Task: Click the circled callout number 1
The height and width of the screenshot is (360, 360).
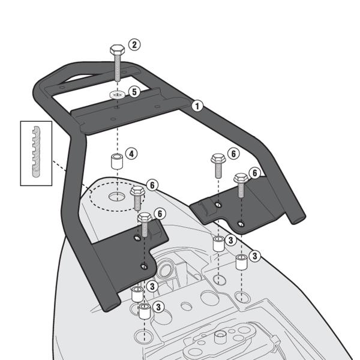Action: [x=197, y=106]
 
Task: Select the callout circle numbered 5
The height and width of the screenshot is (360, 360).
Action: [x=134, y=92]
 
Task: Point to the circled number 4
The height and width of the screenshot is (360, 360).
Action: [x=132, y=154]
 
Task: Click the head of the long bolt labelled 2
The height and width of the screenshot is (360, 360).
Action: [x=116, y=50]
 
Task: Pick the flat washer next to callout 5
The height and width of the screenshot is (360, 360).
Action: [x=117, y=95]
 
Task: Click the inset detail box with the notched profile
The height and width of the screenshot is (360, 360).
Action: [x=37, y=152]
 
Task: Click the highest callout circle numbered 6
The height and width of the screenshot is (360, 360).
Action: [x=233, y=154]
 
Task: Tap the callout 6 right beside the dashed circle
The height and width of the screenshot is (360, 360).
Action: [x=152, y=185]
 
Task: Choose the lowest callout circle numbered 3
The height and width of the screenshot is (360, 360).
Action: [x=158, y=307]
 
